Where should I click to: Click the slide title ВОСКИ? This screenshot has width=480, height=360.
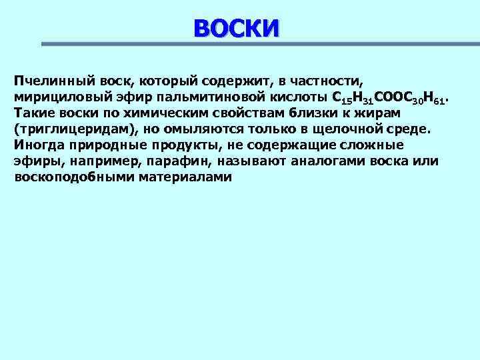[237, 28]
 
